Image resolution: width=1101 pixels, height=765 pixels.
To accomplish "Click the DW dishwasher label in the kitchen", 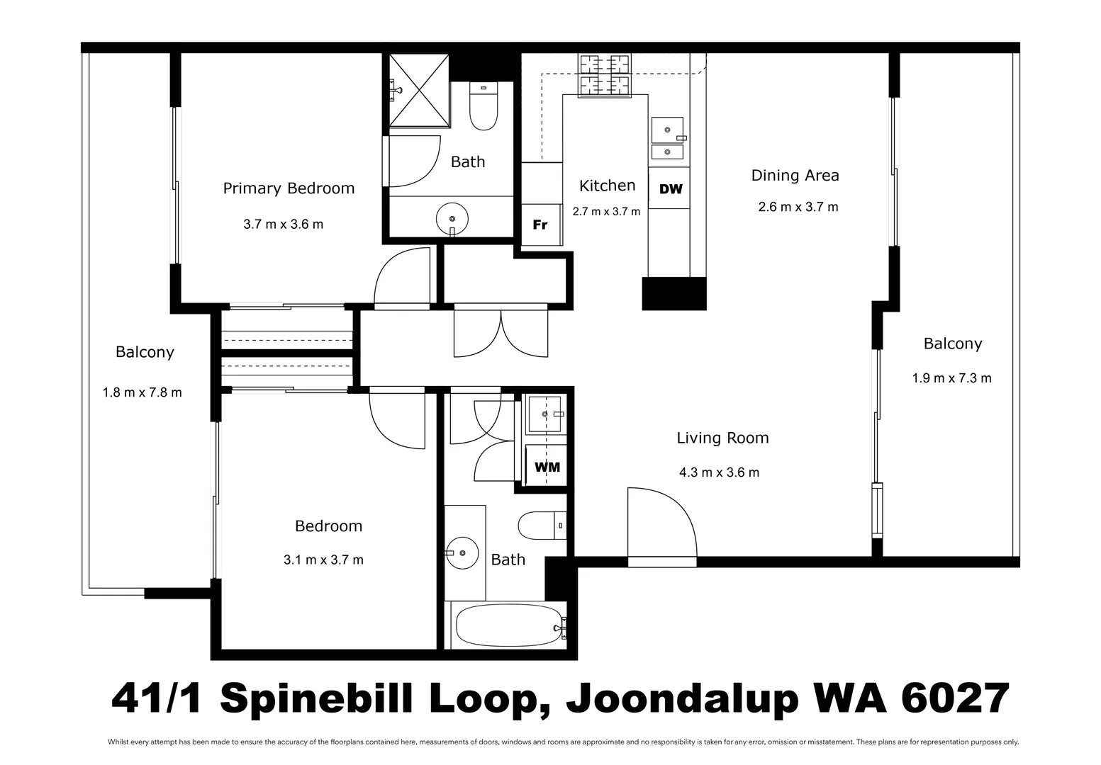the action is click(671, 189).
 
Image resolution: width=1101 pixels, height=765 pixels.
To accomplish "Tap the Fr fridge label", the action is click(540, 225).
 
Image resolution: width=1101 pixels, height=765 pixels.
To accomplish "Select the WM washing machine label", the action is click(547, 467).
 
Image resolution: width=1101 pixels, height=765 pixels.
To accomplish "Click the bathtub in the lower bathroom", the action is click(509, 625).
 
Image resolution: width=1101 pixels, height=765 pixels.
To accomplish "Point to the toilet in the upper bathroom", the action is click(484, 106).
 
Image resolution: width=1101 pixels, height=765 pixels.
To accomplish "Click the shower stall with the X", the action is click(419, 91).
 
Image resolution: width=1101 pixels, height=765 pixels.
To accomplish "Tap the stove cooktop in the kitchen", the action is click(605, 76).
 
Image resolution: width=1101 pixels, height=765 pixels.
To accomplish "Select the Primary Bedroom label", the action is click(289, 188).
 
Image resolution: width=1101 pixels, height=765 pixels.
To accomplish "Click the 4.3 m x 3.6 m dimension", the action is click(719, 472).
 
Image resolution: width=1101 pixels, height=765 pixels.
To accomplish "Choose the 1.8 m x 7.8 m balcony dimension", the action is click(142, 393).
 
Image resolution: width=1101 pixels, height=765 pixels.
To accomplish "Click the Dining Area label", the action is click(795, 176).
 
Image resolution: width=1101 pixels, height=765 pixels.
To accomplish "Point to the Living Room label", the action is click(722, 438).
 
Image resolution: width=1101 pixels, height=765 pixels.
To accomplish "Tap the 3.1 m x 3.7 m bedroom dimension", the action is click(323, 560).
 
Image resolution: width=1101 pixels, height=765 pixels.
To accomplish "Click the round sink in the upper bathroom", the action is click(452, 218).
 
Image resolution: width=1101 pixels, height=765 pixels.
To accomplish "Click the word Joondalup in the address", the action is click(682, 698).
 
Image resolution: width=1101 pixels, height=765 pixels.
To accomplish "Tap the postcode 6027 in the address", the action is click(955, 698).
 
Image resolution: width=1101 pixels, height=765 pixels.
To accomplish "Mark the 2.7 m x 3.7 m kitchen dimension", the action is click(606, 212).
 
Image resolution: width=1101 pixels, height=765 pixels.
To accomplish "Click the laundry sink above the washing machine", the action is click(545, 414).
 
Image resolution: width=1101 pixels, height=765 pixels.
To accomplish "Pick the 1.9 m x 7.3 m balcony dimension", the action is click(951, 378).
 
